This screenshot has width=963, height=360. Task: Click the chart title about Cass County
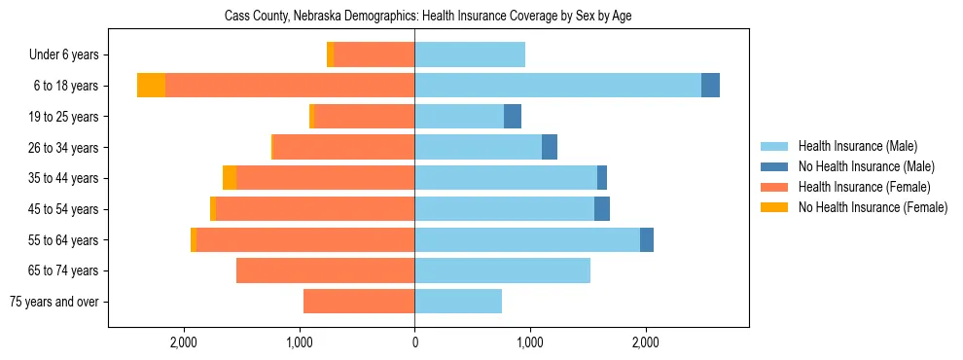coord(429,17)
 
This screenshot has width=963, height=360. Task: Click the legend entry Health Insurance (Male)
coord(857,146)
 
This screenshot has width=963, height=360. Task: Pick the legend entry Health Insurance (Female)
coord(864,187)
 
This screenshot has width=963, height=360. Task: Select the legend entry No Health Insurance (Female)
coord(873,207)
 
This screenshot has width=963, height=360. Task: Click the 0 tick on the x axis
coord(414,342)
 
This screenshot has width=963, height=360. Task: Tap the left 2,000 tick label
coord(184,342)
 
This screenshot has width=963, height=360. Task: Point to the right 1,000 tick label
coord(530,342)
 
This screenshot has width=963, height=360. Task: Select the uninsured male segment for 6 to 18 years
coord(710,86)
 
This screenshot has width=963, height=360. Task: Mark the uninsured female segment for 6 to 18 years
coord(151,86)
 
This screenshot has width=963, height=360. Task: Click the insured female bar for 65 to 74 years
coord(325,270)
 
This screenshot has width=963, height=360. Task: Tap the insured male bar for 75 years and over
coord(458,302)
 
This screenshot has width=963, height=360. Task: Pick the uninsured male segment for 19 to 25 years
coord(513,117)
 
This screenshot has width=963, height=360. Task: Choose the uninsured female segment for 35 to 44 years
coord(230,178)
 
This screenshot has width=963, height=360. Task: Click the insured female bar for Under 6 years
coord(374,55)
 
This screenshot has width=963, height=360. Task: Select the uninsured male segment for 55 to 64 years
coord(647,240)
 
